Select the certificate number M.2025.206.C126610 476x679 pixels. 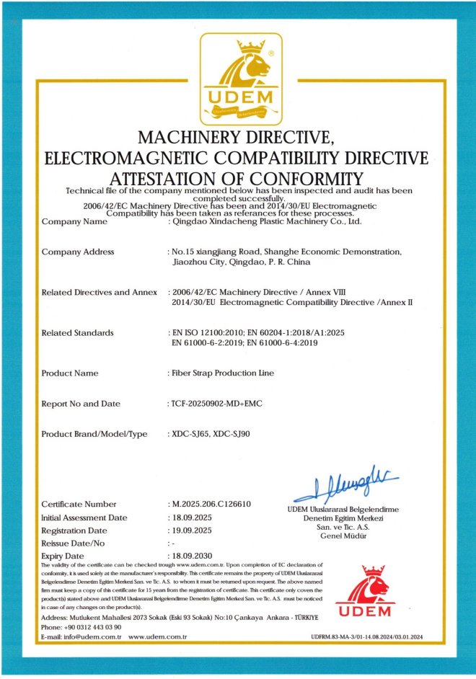point(210,504)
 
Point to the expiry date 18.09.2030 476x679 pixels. point(190,556)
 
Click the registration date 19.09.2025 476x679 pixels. point(190,530)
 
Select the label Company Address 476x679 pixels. point(78,252)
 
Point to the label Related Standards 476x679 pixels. point(77,332)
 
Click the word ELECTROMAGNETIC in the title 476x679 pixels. point(148,157)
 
